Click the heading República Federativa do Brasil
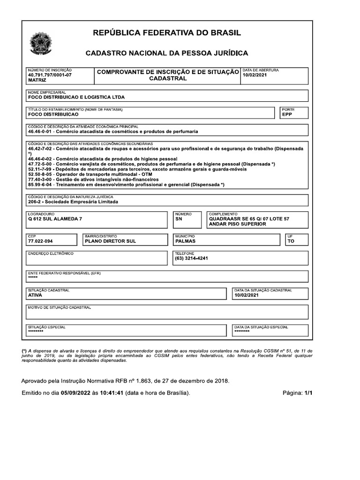coord(167,33)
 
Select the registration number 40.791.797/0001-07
coord(50,75)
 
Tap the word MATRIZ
coord(37,81)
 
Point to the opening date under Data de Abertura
coord(255,75)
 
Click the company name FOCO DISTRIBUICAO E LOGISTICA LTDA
coord(76,97)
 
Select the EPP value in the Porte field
coord(287,114)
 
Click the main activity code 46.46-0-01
coord(40,132)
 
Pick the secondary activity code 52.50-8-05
coord(40,174)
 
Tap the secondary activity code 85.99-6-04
coord(40,185)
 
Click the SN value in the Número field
coord(179,219)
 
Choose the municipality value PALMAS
coord(185,241)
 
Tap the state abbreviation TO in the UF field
coord(291,241)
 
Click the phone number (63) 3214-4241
coord(191,258)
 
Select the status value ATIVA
coord(36,296)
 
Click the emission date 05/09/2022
coord(76,393)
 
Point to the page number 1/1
coord(307,393)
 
